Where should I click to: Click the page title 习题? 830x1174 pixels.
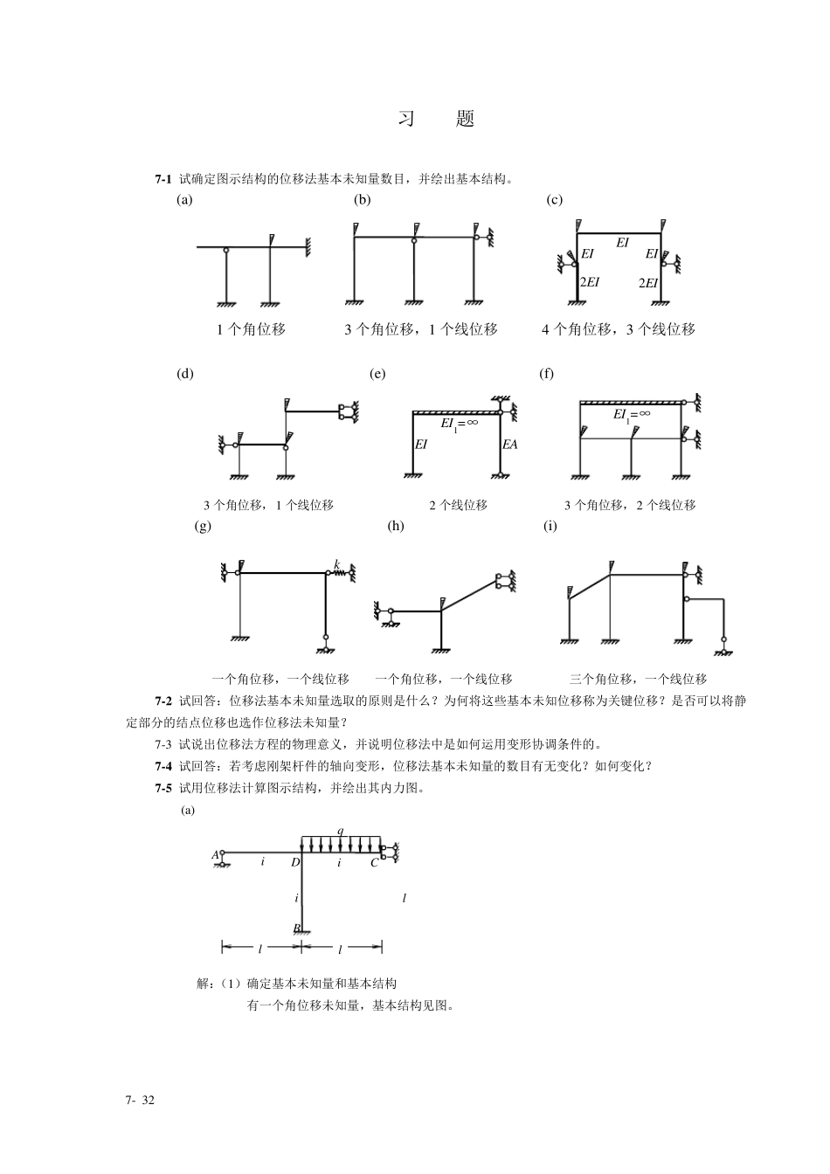tap(436, 120)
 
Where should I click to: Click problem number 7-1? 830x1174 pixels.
tap(163, 179)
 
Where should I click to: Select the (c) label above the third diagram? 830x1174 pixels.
tap(554, 200)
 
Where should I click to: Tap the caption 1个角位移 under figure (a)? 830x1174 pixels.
tap(251, 330)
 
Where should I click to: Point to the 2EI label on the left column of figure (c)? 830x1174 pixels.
tap(590, 281)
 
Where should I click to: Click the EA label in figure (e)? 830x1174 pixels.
tap(509, 444)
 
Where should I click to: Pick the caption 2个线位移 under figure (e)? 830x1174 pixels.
tap(458, 505)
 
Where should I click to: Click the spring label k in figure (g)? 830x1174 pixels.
tap(336, 565)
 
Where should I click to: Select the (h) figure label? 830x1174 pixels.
tap(396, 526)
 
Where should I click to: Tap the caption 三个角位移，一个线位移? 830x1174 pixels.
tap(638, 679)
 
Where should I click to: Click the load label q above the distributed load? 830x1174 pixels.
tap(340, 830)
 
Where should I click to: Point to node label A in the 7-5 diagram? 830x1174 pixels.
tap(215, 854)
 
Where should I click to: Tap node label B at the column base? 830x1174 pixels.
tap(296, 928)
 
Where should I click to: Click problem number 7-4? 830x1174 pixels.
tap(163, 766)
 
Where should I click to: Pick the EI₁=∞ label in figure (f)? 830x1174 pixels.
tap(631, 414)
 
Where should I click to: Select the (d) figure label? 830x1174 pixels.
tap(185, 374)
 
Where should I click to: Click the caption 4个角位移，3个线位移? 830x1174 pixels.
tap(618, 330)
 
